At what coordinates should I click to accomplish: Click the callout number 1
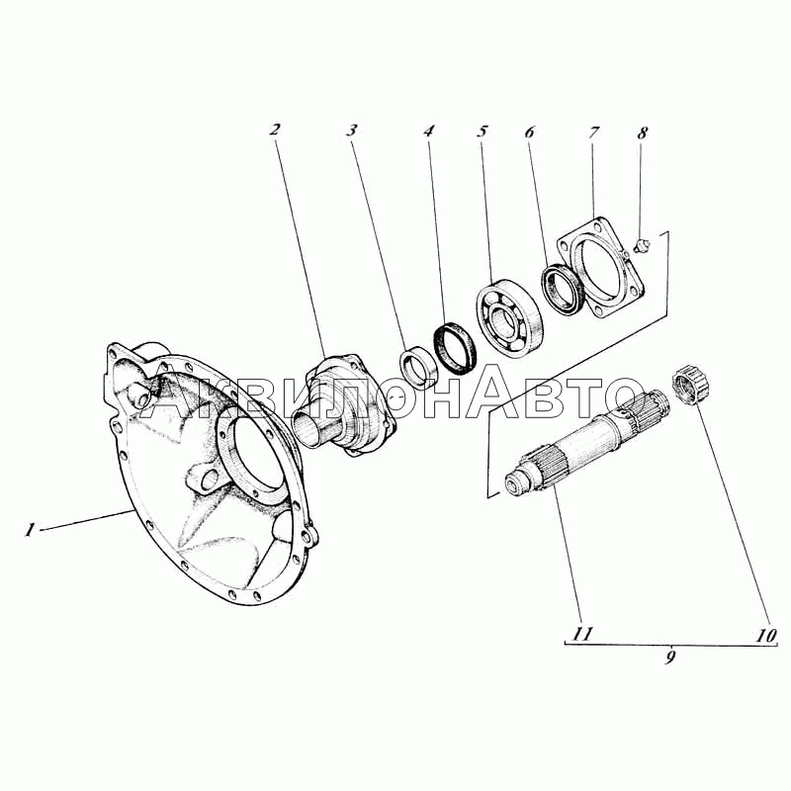[31, 530]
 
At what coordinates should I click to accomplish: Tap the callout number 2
[275, 130]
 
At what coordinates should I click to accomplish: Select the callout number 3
[352, 131]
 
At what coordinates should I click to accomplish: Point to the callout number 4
[428, 132]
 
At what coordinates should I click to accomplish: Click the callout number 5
[483, 132]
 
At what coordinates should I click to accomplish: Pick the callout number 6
[529, 132]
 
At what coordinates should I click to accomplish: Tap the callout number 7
[593, 132]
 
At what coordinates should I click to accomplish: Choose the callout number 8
[642, 133]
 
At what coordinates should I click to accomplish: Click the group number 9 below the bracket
[670, 658]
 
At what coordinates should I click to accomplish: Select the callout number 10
[765, 635]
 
